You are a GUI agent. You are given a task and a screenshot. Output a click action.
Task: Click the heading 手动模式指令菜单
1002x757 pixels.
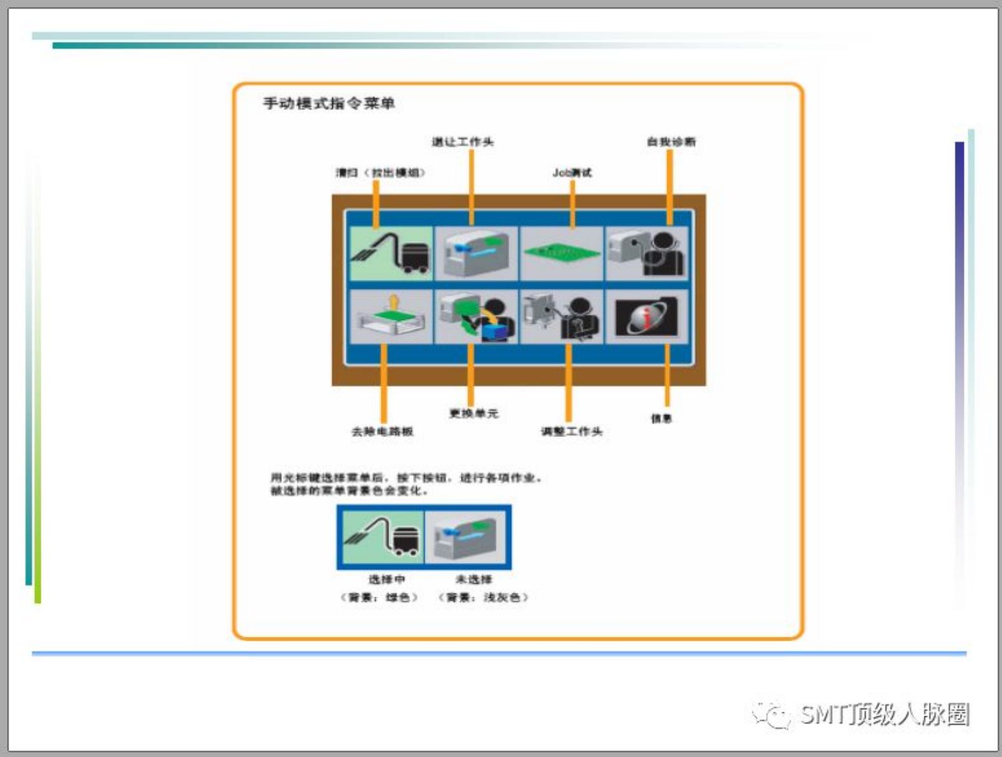point(328,103)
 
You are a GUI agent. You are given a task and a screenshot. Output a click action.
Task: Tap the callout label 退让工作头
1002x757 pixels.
point(463,142)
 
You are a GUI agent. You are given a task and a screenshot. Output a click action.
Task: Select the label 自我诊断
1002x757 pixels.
point(671,142)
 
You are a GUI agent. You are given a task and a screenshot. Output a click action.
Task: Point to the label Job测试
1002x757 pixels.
point(572,172)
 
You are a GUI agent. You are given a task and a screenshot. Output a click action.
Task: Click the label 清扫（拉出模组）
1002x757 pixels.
point(380,172)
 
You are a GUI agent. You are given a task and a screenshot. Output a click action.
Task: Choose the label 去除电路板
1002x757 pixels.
point(382,431)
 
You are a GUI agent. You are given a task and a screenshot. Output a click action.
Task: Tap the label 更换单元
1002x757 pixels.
point(474,413)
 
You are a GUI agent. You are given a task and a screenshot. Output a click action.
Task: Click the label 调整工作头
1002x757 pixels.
point(571,431)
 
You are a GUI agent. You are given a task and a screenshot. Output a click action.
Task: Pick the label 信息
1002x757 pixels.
point(661,419)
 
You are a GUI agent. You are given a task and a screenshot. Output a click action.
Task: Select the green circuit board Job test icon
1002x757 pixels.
point(561,253)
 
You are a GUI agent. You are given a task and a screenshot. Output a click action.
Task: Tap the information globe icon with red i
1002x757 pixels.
point(646,317)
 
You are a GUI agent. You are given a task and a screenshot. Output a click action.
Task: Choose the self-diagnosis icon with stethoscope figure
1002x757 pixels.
point(647,253)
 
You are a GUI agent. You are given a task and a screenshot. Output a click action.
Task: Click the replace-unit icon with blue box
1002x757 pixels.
point(477,317)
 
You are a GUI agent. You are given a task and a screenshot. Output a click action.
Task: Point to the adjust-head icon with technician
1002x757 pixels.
point(561,317)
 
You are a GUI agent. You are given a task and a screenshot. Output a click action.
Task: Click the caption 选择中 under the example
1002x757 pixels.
point(386,580)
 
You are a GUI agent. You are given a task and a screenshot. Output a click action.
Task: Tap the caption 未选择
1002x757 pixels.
point(473,580)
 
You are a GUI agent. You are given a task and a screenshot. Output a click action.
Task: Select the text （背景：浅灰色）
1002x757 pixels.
point(483,597)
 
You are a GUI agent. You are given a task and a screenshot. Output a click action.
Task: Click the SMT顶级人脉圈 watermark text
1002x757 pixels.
point(884,715)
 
